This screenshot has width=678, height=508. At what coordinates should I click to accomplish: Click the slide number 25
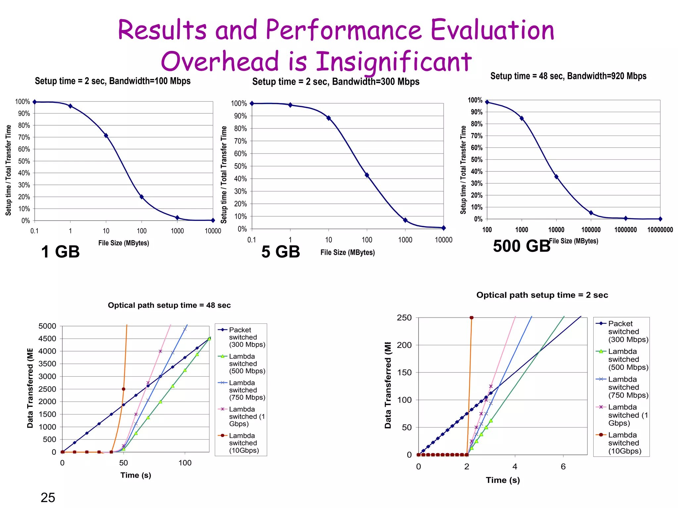(48, 497)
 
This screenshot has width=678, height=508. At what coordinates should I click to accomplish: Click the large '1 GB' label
(60, 252)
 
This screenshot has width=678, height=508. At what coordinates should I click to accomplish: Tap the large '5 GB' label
(280, 252)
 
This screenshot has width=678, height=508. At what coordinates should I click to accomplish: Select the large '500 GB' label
(521, 246)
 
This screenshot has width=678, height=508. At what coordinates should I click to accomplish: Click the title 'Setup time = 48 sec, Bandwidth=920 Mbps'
(568, 76)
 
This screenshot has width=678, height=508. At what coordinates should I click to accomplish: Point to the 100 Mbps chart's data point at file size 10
(106, 136)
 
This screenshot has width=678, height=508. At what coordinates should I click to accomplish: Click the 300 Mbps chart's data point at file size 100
(367, 175)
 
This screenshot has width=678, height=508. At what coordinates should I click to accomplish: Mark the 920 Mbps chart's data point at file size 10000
(556, 177)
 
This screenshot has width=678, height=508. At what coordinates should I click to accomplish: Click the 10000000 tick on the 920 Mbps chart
(660, 230)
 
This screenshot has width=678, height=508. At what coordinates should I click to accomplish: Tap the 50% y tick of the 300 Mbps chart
(240, 166)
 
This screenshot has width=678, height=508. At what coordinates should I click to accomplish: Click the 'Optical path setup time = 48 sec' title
(169, 305)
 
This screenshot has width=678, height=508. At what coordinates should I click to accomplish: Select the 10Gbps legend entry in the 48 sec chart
(244, 443)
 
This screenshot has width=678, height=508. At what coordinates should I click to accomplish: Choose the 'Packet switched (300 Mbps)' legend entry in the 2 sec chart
(628, 331)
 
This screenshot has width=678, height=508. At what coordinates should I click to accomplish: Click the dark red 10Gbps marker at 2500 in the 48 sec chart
(123, 389)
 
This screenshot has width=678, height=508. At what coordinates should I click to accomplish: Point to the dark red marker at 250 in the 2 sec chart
(471, 317)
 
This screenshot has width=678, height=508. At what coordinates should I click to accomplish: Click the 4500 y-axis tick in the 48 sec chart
(47, 339)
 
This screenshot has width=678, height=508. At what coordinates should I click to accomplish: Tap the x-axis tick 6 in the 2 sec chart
(563, 467)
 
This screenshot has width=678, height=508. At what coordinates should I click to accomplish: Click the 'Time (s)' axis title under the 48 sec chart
(136, 475)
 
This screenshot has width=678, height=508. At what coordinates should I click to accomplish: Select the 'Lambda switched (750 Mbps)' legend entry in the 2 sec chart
(628, 387)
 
